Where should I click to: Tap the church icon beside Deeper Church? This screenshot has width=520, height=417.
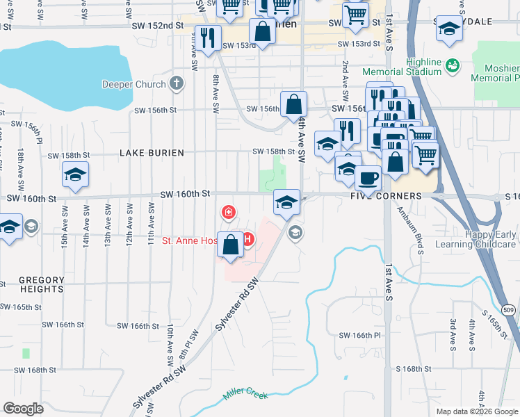pos(177,85)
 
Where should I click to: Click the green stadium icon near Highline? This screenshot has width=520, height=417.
pos(453,65)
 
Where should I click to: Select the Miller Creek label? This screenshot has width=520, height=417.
pos(245,395)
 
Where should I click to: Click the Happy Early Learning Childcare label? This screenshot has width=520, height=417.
pos(476,240)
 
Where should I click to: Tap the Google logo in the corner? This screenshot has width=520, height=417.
pos(23,409)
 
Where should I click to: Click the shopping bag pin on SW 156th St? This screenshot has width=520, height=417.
pos(294,104)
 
